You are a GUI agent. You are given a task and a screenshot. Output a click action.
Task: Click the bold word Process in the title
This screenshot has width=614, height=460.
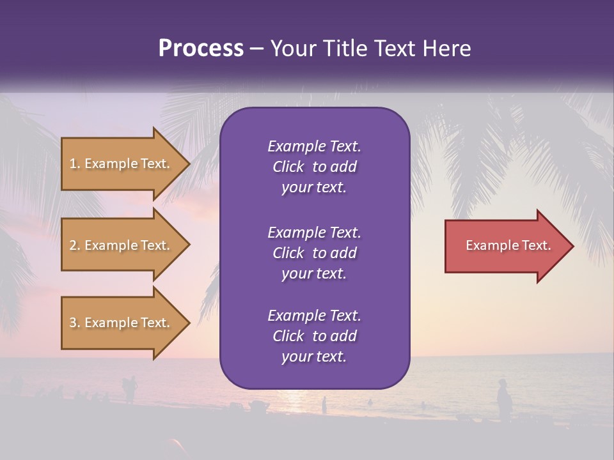[201, 49]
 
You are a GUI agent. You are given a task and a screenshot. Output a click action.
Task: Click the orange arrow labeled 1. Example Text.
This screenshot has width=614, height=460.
[122, 164]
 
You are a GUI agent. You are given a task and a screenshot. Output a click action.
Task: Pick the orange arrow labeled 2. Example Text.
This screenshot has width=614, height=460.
[122, 245]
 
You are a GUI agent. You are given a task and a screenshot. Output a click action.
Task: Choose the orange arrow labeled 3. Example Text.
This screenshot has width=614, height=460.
[122, 323]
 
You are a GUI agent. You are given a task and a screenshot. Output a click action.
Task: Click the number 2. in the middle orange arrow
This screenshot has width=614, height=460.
[75, 245]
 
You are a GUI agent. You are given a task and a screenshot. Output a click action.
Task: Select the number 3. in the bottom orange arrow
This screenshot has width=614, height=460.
[75, 323]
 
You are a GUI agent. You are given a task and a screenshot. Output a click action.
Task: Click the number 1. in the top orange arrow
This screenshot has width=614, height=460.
[74, 164]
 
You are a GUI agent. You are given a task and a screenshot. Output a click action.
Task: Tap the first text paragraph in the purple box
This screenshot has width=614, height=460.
[314, 167]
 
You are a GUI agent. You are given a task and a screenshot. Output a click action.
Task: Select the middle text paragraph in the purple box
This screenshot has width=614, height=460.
[314, 252]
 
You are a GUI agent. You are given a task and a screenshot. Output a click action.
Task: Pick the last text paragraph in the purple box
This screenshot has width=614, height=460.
[314, 336]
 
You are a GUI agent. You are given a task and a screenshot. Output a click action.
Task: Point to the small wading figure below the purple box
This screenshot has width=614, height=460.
[324, 404]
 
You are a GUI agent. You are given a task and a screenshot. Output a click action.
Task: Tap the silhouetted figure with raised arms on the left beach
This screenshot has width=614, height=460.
[130, 388]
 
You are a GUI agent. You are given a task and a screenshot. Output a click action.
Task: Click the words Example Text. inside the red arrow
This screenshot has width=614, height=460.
[508, 245]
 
